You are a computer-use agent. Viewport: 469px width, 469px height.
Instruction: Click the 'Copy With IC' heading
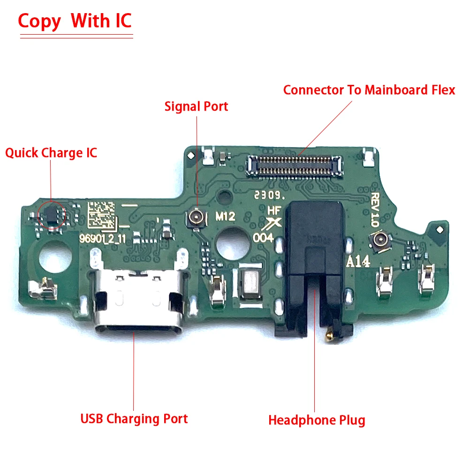pos(75,21)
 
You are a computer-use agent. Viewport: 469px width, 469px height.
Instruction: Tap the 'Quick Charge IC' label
pos(51,153)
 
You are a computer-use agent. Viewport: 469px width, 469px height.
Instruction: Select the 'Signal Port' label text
pos(196,106)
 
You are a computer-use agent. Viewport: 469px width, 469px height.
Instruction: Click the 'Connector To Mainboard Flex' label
pos(369,90)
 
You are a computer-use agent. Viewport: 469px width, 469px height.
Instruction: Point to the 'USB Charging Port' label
pos(134,419)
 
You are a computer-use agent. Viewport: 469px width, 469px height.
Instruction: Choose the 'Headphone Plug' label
pos(317,420)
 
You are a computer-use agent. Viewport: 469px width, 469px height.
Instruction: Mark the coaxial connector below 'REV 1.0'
pos(378,240)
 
